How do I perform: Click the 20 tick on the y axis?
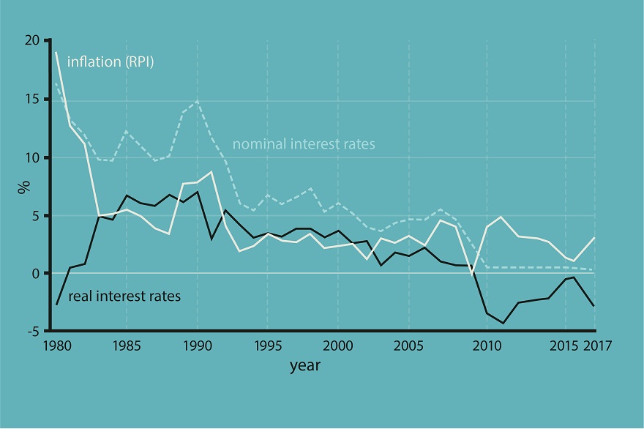(x=33, y=41)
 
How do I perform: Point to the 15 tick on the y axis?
(x=33, y=100)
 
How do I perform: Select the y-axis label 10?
(x=33, y=157)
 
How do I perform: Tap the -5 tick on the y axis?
(x=34, y=331)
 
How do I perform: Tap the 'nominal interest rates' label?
(x=303, y=144)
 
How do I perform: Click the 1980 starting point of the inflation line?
(x=56, y=52)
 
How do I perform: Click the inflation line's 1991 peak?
(x=211, y=171)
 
